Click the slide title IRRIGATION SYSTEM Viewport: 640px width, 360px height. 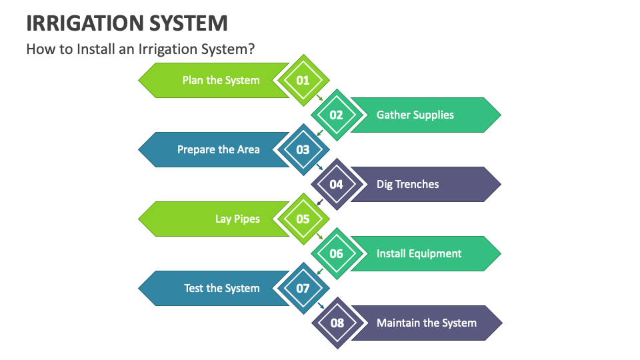pyautogui.click(x=127, y=23)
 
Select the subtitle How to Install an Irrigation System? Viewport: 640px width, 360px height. pyautogui.click(x=141, y=49)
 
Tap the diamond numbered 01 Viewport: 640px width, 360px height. pyautogui.click(x=303, y=80)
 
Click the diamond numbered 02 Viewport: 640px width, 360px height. pyautogui.click(x=337, y=115)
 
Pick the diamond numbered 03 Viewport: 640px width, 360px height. pyautogui.click(x=303, y=149)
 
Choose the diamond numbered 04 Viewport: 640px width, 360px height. pyautogui.click(x=337, y=184)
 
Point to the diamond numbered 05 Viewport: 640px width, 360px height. pyautogui.click(x=303, y=219)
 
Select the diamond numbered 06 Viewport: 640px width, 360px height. pyautogui.click(x=337, y=253)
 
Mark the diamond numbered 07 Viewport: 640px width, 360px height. pyautogui.click(x=303, y=288)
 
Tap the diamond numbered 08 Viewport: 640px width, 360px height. pyautogui.click(x=337, y=323)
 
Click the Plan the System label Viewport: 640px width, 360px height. pyautogui.click(x=221, y=80)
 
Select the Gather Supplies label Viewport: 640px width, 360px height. pyautogui.click(x=415, y=115)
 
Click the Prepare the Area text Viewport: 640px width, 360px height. pyautogui.click(x=218, y=149)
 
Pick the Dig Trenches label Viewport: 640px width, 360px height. pyautogui.click(x=407, y=184)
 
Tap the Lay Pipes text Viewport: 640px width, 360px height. pyautogui.click(x=237, y=219)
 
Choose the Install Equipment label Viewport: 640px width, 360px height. pyautogui.click(x=419, y=253)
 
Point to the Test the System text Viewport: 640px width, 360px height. pyautogui.click(x=221, y=288)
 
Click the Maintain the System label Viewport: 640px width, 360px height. pyautogui.click(x=426, y=323)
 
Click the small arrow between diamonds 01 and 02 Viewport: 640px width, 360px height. pyautogui.click(x=320, y=98)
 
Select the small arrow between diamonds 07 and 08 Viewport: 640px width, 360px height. pyautogui.click(x=320, y=306)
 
